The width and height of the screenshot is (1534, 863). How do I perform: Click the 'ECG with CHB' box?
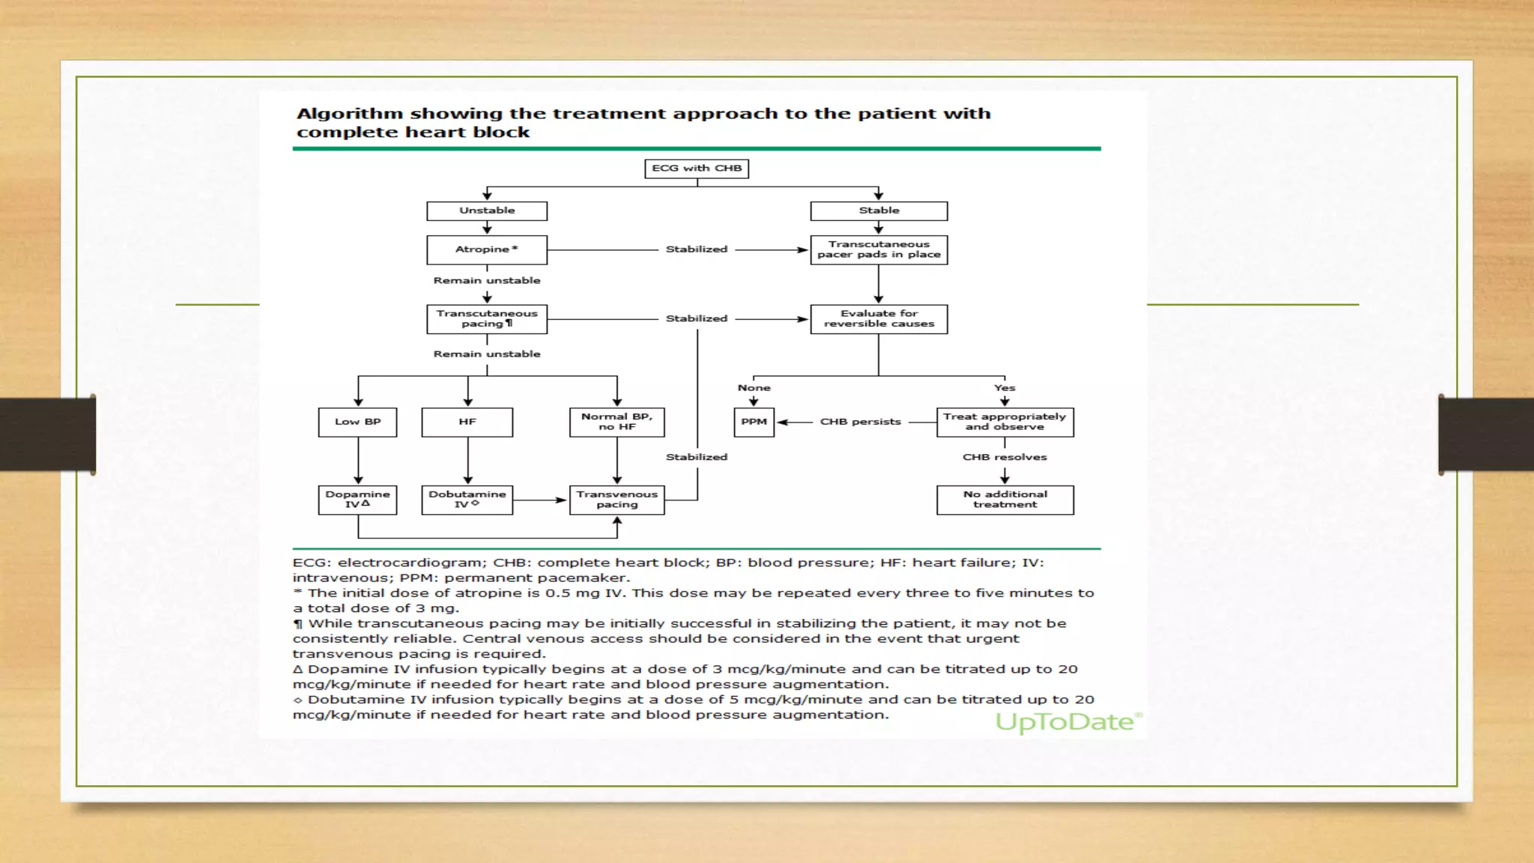[x=697, y=169]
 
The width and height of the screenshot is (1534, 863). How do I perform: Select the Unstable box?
[x=487, y=211]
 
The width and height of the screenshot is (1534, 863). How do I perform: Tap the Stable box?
[x=879, y=211]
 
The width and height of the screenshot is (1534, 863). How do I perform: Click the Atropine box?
[x=487, y=249]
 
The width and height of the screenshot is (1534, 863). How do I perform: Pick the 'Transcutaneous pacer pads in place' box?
[x=879, y=249]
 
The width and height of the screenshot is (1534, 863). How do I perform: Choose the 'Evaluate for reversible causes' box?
[x=879, y=318]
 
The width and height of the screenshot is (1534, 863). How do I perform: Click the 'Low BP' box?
[x=357, y=422]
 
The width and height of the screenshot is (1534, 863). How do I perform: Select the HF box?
[x=467, y=422]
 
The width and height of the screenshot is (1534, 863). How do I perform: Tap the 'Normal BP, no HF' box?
[x=616, y=422]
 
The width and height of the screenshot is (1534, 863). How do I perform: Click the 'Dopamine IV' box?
[x=357, y=500]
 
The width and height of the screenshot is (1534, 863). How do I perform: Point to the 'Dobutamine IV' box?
[x=467, y=500]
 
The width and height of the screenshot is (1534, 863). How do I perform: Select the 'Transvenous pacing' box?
[x=616, y=500]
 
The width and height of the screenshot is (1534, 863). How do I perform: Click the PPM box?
[x=754, y=422]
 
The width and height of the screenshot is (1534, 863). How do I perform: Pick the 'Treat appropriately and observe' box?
[x=1004, y=422]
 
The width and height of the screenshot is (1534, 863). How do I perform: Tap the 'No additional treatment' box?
[x=1004, y=500]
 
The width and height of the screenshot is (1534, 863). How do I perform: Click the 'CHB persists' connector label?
[x=860, y=422]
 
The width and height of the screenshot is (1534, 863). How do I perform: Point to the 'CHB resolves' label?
[x=1004, y=457]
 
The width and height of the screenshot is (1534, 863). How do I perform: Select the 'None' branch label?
[x=754, y=388]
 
